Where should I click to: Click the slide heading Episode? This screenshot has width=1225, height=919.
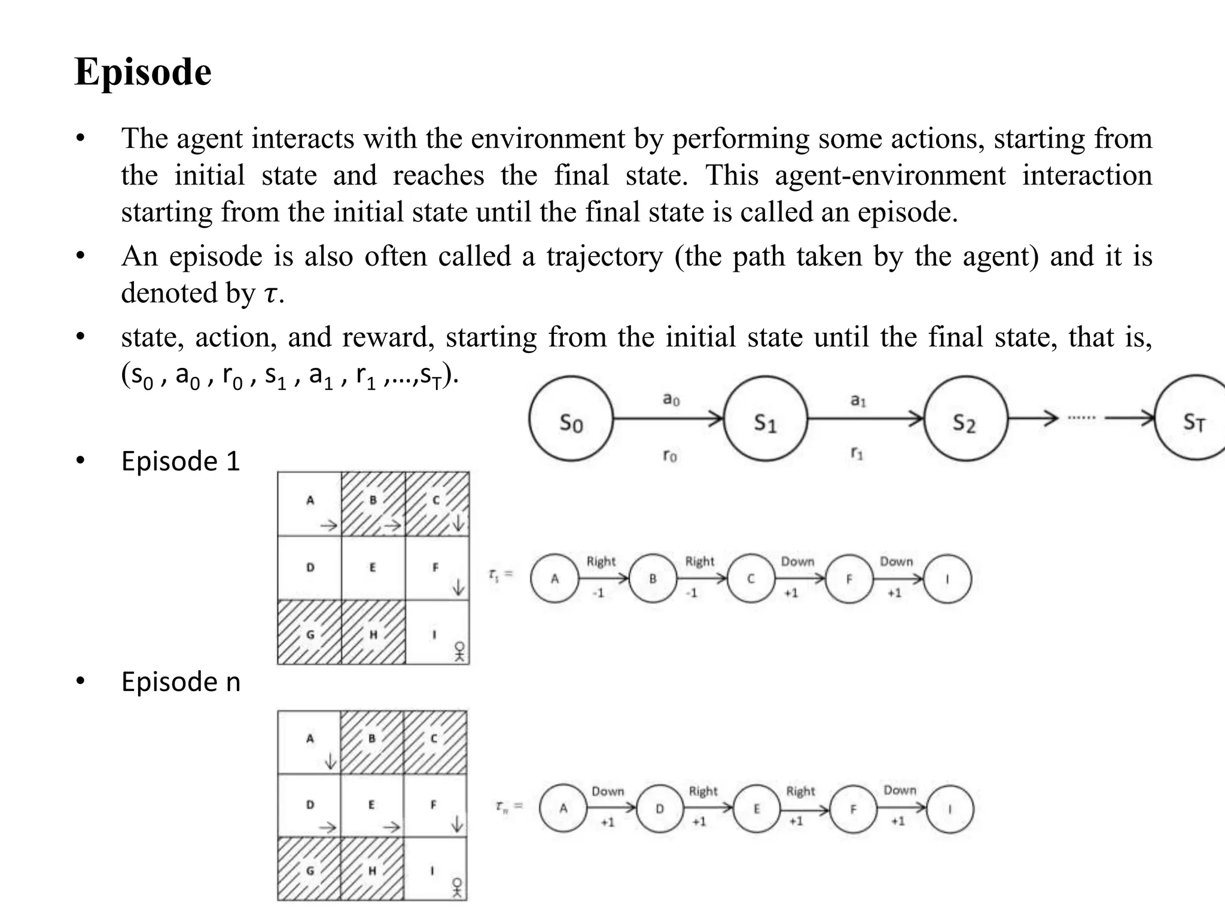pos(143,72)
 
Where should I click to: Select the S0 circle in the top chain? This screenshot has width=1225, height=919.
pos(571,419)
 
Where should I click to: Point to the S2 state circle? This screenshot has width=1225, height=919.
pos(965,419)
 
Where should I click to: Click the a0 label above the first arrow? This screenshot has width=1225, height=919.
pos(671,398)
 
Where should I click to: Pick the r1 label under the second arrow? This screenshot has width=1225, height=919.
pos(857,454)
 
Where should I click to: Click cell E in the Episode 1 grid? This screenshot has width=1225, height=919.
pos(373,568)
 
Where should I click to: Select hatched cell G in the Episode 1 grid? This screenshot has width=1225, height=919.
pos(309,632)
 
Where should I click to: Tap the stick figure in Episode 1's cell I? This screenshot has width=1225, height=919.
pos(459,652)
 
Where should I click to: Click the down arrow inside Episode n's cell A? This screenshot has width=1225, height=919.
pos(330,761)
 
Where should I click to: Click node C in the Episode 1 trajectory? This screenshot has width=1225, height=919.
pos(751,579)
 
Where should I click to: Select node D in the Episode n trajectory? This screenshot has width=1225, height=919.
pos(659,809)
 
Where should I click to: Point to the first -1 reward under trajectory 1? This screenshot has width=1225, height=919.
pos(598,593)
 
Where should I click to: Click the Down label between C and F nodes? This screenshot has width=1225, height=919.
pos(797,562)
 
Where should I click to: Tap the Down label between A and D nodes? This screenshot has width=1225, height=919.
pos(608,791)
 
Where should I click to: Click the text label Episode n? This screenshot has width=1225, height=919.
pos(181,682)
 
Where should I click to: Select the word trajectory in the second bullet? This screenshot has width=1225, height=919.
pos(604,257)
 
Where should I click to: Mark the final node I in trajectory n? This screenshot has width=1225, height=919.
pos(950,809)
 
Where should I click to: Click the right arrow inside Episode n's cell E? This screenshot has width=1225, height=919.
pos(391,827)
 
